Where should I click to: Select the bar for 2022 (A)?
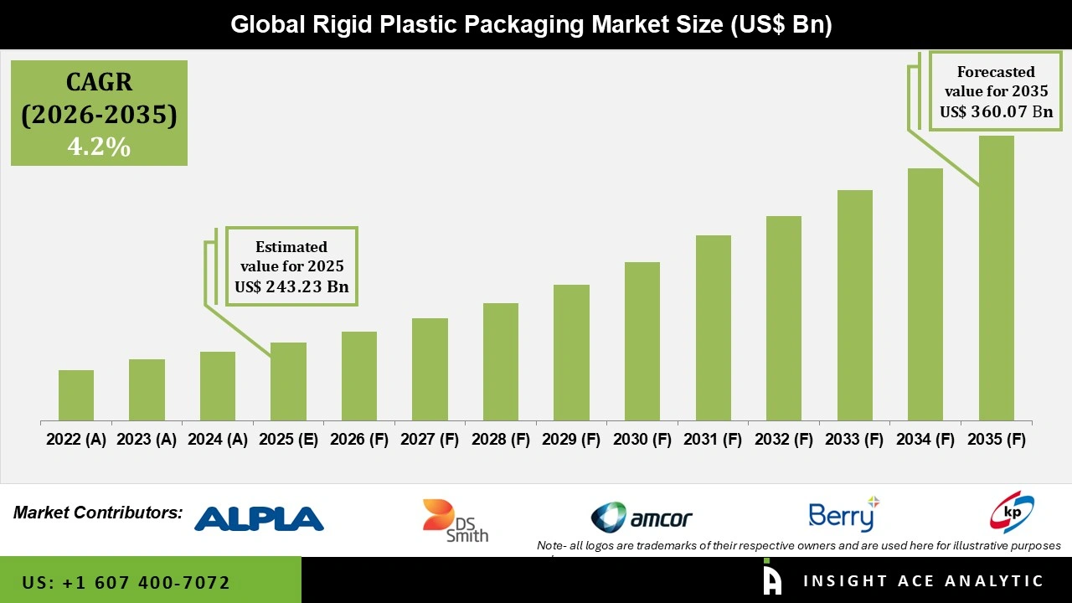(x=76, y=395)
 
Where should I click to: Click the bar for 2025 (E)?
(x=288, y=381)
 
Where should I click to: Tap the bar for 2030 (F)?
(x=642, y=341)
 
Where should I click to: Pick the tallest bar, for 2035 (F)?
(x=996, y=278)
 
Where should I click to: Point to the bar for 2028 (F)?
(x=501, y=362)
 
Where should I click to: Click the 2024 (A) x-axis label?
(x=218, y=440)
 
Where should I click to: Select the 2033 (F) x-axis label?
(x=855, y=440)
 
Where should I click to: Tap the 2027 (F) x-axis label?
(x=430, y=440)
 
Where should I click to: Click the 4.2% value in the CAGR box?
(x=99, y=147)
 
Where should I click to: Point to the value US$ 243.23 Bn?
(x=291, y=287)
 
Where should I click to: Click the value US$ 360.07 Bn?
(x=996, y=111)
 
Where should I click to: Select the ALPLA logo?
(x=259, y=518)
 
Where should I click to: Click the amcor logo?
(x=642, y=518)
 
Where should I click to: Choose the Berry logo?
(x=843, y=516)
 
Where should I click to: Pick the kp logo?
(x=1012, y=513)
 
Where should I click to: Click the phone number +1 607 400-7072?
(x=126, y=582)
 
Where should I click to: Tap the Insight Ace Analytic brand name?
(x=923, y=581)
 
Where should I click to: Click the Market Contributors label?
(x=98, y=513)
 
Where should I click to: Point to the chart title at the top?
(x=531, y=24)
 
